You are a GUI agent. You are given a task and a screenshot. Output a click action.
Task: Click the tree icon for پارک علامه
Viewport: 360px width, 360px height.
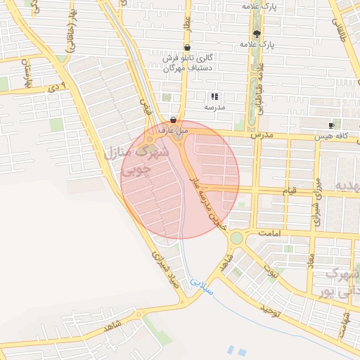click(257, 33)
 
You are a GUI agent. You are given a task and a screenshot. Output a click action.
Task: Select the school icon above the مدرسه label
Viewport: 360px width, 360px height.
click(214, 96)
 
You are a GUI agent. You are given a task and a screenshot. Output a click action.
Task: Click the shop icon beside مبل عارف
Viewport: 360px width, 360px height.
click(173, 120)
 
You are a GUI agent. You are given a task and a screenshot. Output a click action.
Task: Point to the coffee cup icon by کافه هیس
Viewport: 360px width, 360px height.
click(331, 124)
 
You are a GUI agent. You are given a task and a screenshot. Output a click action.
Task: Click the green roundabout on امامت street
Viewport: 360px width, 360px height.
click(237, 238)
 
